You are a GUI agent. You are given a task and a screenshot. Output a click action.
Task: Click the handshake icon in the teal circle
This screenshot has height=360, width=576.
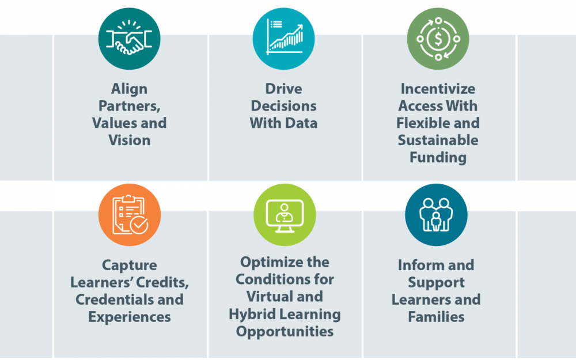click(x=129, y=39)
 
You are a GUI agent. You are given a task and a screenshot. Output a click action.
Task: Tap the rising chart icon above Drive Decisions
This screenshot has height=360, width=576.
click(x=285, y=37)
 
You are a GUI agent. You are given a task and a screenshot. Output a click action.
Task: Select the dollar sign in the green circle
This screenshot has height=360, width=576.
click(x=438, y=39)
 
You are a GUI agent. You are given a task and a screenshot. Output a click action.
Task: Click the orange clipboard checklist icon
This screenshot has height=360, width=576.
click(x=130, y=215)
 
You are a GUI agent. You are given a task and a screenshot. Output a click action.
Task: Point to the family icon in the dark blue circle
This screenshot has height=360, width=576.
click(x=436, y=215)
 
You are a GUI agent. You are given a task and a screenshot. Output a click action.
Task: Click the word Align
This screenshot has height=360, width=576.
click(x=129, y=89)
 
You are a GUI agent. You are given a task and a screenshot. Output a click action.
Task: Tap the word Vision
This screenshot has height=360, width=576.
click(x=129, y=141)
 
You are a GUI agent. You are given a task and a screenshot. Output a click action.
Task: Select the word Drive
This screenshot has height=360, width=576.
click(x=283, y=89)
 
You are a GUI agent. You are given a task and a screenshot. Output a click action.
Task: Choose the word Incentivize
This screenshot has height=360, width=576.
click(x=438, y=89)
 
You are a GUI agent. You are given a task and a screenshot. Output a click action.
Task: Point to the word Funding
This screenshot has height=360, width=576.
click(x=438, y=158)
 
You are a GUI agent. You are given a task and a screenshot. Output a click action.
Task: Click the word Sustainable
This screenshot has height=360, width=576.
click(x=438, y=141)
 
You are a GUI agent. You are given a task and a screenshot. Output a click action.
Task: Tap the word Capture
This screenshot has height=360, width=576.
click(x=129, y=266)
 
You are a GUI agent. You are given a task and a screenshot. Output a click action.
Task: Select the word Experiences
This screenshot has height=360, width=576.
click(x=129, y=317)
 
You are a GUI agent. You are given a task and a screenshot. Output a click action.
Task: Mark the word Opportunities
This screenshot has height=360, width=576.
click(x=285, y=332)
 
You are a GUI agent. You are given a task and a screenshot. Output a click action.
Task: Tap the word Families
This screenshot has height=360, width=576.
click(x=436, y=317)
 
